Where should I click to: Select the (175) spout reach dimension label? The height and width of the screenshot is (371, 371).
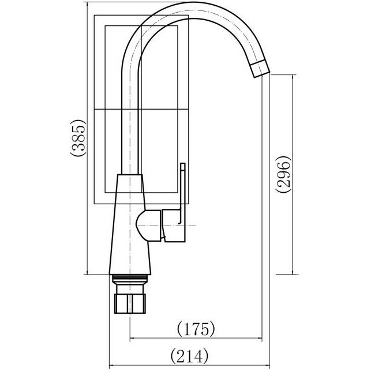196,329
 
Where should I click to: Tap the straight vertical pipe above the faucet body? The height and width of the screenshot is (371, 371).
130,115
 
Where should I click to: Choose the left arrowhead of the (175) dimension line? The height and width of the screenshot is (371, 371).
130,337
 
